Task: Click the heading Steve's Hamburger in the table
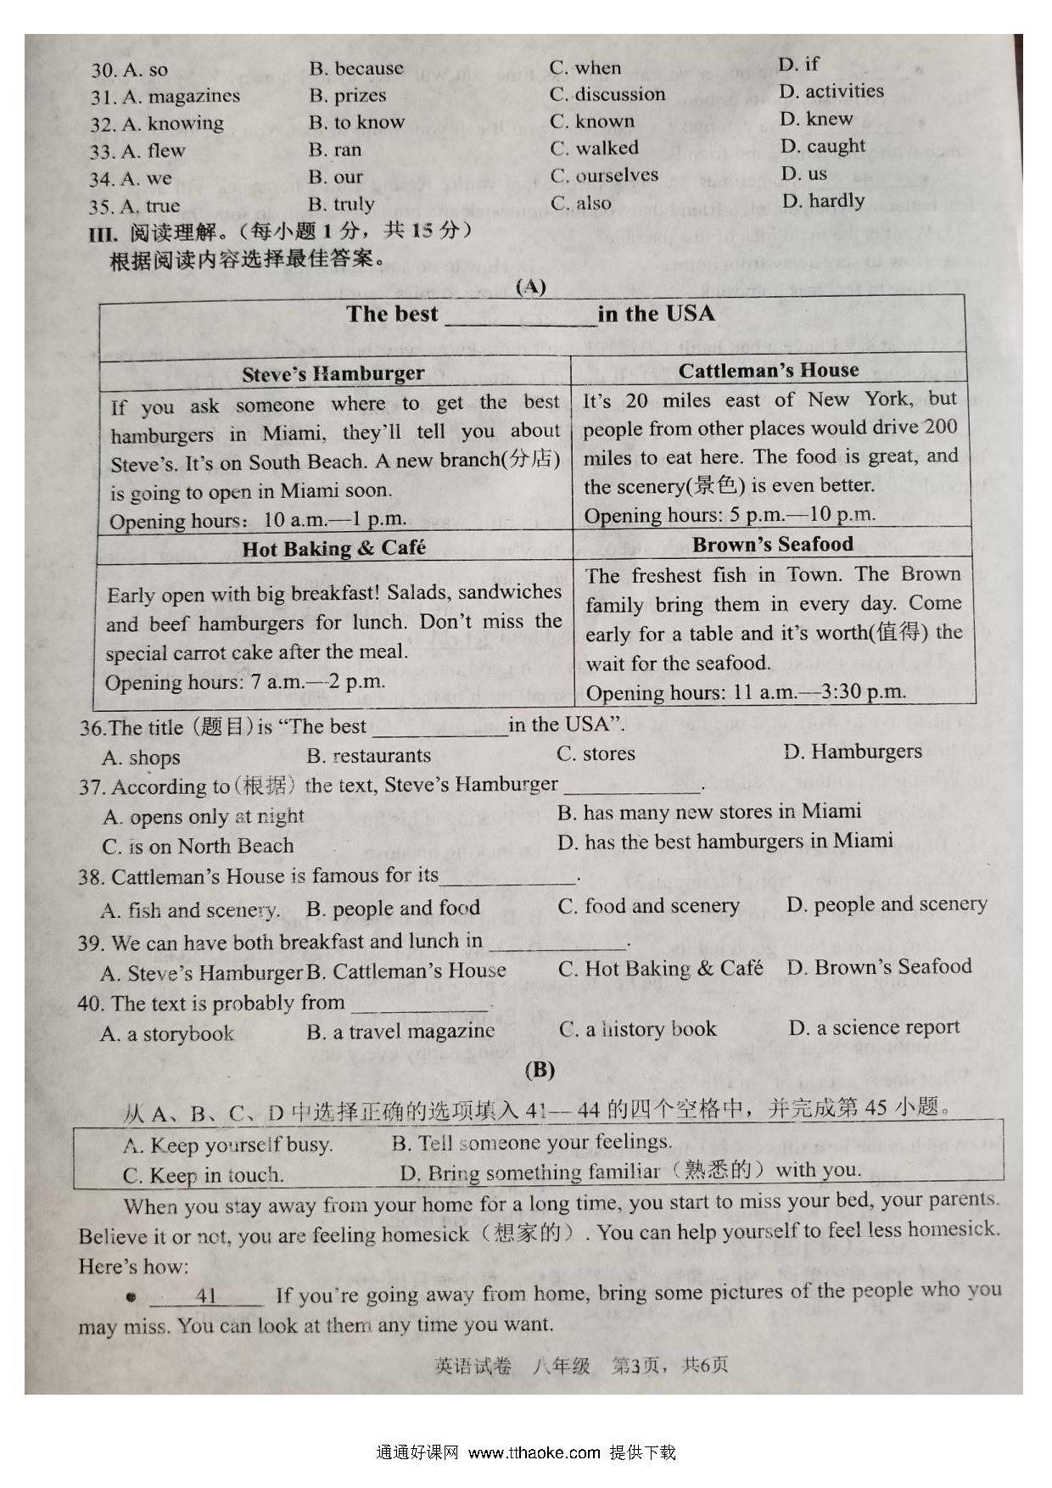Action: (333, 374)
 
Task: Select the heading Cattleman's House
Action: (768, 371)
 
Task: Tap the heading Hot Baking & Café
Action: (333, 549)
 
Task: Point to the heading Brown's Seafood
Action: (772, 545)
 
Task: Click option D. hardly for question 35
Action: (823, 201)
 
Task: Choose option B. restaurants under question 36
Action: (368, 755)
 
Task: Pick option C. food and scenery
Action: (648, 906)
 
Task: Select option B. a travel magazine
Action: (400, 1032)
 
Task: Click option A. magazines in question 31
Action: (181, 97)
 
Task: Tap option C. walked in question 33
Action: (594, 148)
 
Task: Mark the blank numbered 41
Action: (206, 1296)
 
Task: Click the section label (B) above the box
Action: (540, 1070)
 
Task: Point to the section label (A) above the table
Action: (531, 287)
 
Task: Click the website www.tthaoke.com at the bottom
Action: (534, 1452)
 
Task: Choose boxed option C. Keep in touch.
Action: (203, 1176)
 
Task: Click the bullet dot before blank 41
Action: (131, 1297)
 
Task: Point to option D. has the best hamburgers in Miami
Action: (725, 842)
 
